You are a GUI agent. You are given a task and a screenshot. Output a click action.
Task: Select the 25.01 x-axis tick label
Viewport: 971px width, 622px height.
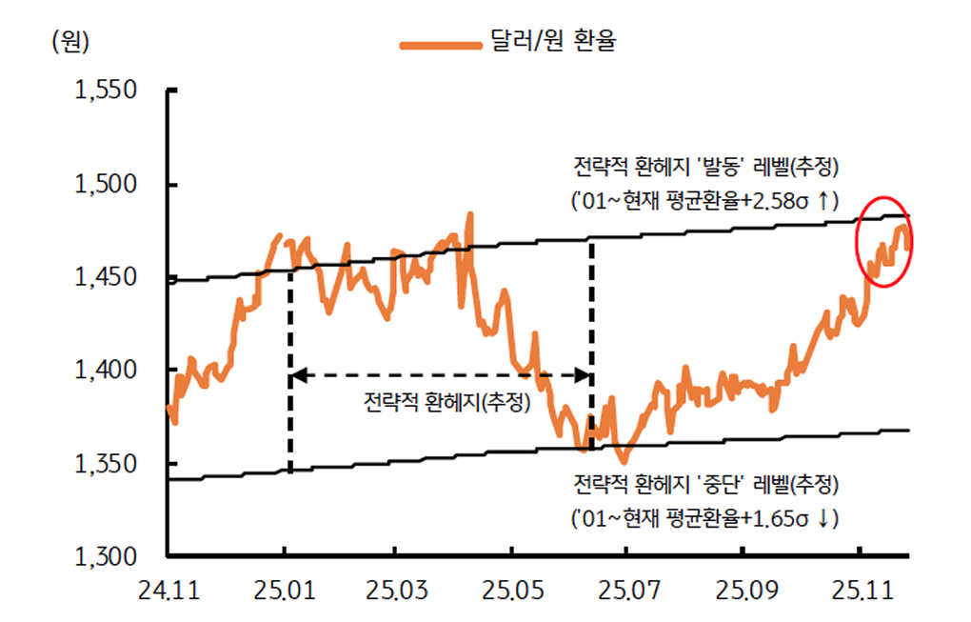284,592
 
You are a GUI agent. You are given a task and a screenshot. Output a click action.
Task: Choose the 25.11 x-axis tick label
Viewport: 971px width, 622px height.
860,592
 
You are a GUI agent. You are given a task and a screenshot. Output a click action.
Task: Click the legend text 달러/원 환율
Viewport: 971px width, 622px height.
554,43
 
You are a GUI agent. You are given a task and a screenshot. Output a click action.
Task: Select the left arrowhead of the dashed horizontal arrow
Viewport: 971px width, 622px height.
297,376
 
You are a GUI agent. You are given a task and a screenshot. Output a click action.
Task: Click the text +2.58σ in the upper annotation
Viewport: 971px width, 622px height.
776,201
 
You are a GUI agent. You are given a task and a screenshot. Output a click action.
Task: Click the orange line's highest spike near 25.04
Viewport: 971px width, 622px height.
469,214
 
